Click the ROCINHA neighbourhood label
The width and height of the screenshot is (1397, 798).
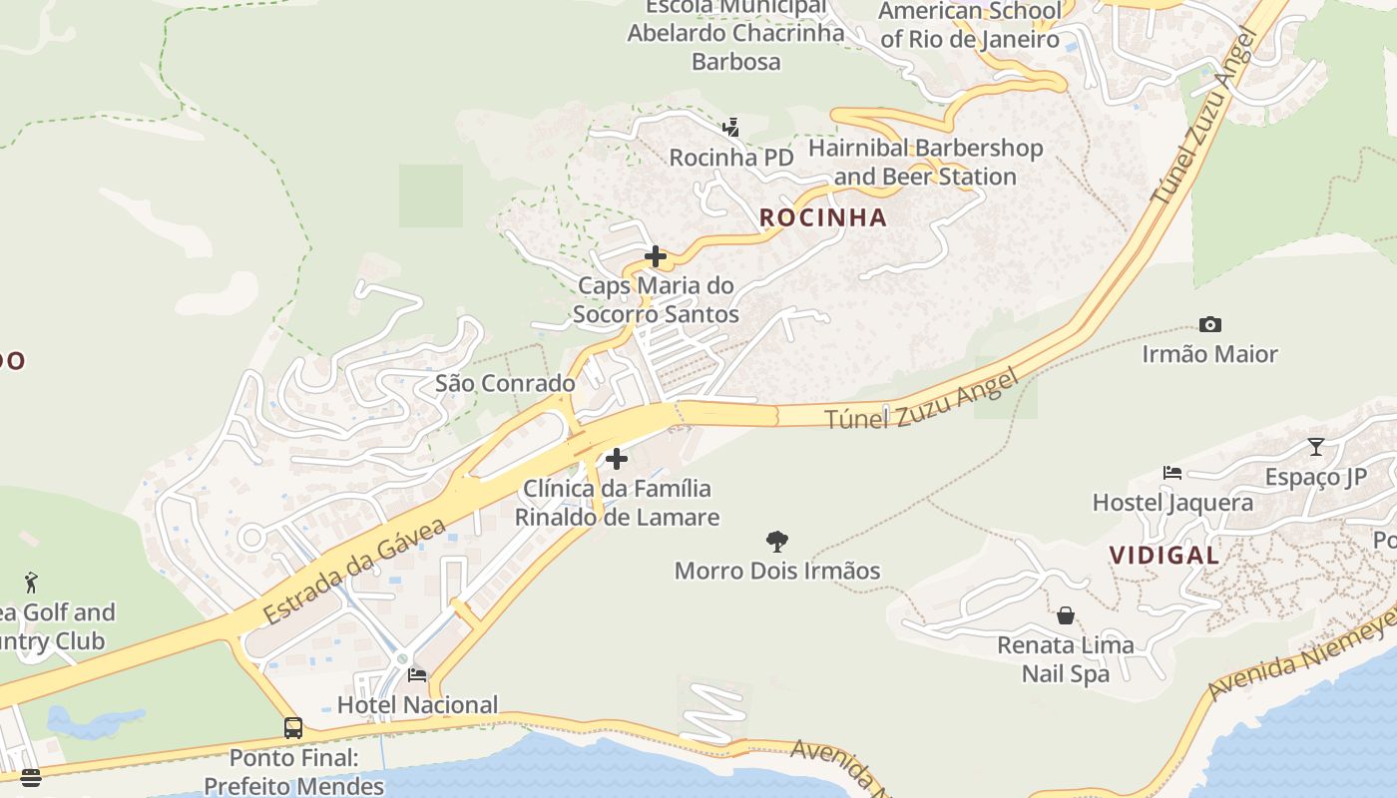point(822,217)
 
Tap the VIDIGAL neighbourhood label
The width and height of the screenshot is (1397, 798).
point(1164,555)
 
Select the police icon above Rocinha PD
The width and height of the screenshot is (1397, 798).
point(731,128)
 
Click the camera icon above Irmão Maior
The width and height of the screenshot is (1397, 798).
point(1209,324)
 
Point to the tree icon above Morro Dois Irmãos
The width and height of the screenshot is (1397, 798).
point(777,542)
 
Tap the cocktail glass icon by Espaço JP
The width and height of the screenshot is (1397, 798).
point(1316,446)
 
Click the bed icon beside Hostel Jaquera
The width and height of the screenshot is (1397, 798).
point(1172,473)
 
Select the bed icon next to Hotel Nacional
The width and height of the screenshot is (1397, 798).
point(417,675)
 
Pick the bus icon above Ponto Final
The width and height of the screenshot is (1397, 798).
point(293,728)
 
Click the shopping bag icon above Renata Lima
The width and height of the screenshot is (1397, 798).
point(1066,615)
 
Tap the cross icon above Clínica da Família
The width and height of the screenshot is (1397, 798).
point(617,459)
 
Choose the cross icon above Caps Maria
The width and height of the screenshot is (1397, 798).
point(656,256)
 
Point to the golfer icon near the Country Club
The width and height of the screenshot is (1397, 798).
point(31,583)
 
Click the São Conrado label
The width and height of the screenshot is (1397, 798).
point(505,383)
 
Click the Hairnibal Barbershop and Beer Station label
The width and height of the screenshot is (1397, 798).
point(925,163)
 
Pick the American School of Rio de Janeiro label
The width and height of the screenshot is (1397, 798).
point(969,25)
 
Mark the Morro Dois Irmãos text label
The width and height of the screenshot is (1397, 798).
point(777,571)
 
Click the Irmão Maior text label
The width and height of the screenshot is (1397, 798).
point(1209,354)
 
